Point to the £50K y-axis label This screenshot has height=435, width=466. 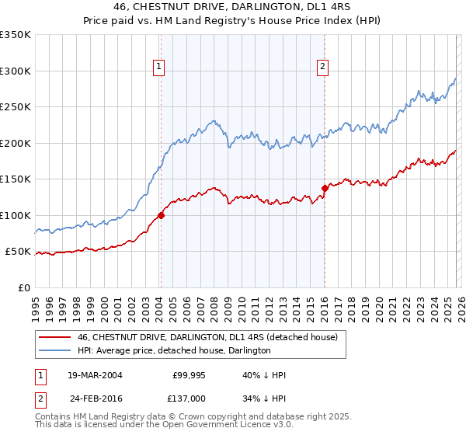coord(18,252)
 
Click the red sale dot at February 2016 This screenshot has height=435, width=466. coord(325,188)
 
